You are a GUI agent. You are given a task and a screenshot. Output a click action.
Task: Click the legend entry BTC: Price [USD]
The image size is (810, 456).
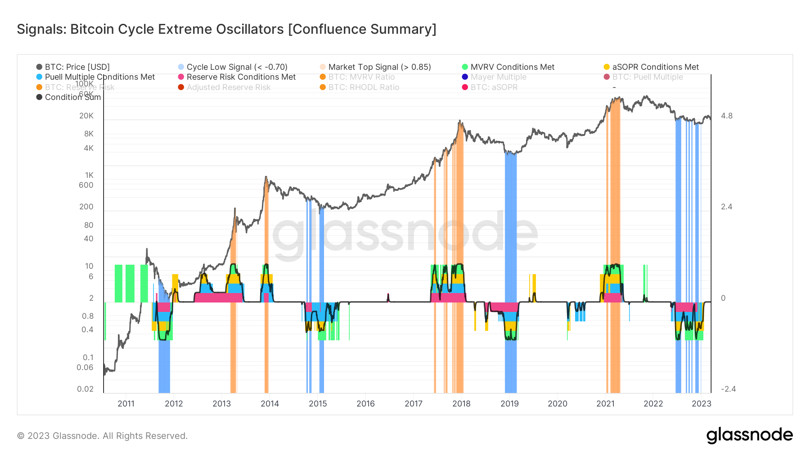tap(77, 67)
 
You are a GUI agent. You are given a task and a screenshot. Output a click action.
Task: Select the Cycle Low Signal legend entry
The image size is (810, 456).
tap(237, 67)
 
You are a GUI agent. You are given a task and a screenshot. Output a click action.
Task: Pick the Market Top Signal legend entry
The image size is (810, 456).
tap(379, 67)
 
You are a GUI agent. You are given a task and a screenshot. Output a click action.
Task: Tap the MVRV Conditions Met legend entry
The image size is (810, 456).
tap(512, 67)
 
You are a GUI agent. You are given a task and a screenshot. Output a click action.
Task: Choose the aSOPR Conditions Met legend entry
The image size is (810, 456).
tap(655, 67)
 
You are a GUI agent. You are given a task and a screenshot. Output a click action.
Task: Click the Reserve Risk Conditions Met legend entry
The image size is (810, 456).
tap(241, 77)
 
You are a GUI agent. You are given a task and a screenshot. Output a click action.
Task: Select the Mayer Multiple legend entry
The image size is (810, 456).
tap(498, 77)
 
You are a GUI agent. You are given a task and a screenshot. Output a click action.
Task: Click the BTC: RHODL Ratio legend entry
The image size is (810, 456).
tap(364, 87)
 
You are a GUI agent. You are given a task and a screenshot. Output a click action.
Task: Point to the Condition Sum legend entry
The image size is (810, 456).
tap(72, 97)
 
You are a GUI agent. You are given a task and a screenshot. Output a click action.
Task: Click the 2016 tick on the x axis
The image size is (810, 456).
tap(365, 404)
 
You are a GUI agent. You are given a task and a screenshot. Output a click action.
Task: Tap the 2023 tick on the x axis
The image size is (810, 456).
tap(701, 404)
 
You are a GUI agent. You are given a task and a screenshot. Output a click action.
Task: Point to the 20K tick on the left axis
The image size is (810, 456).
tap(86, 116)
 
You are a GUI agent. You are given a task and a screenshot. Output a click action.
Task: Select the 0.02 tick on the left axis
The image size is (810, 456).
tap(85, 389)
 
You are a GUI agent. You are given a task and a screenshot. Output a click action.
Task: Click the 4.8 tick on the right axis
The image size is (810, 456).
tap(726, 116)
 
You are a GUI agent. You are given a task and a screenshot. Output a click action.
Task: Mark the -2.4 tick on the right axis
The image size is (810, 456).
tap(728, 389)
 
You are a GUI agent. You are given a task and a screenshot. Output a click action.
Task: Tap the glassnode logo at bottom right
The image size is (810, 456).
tap(749, 435)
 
